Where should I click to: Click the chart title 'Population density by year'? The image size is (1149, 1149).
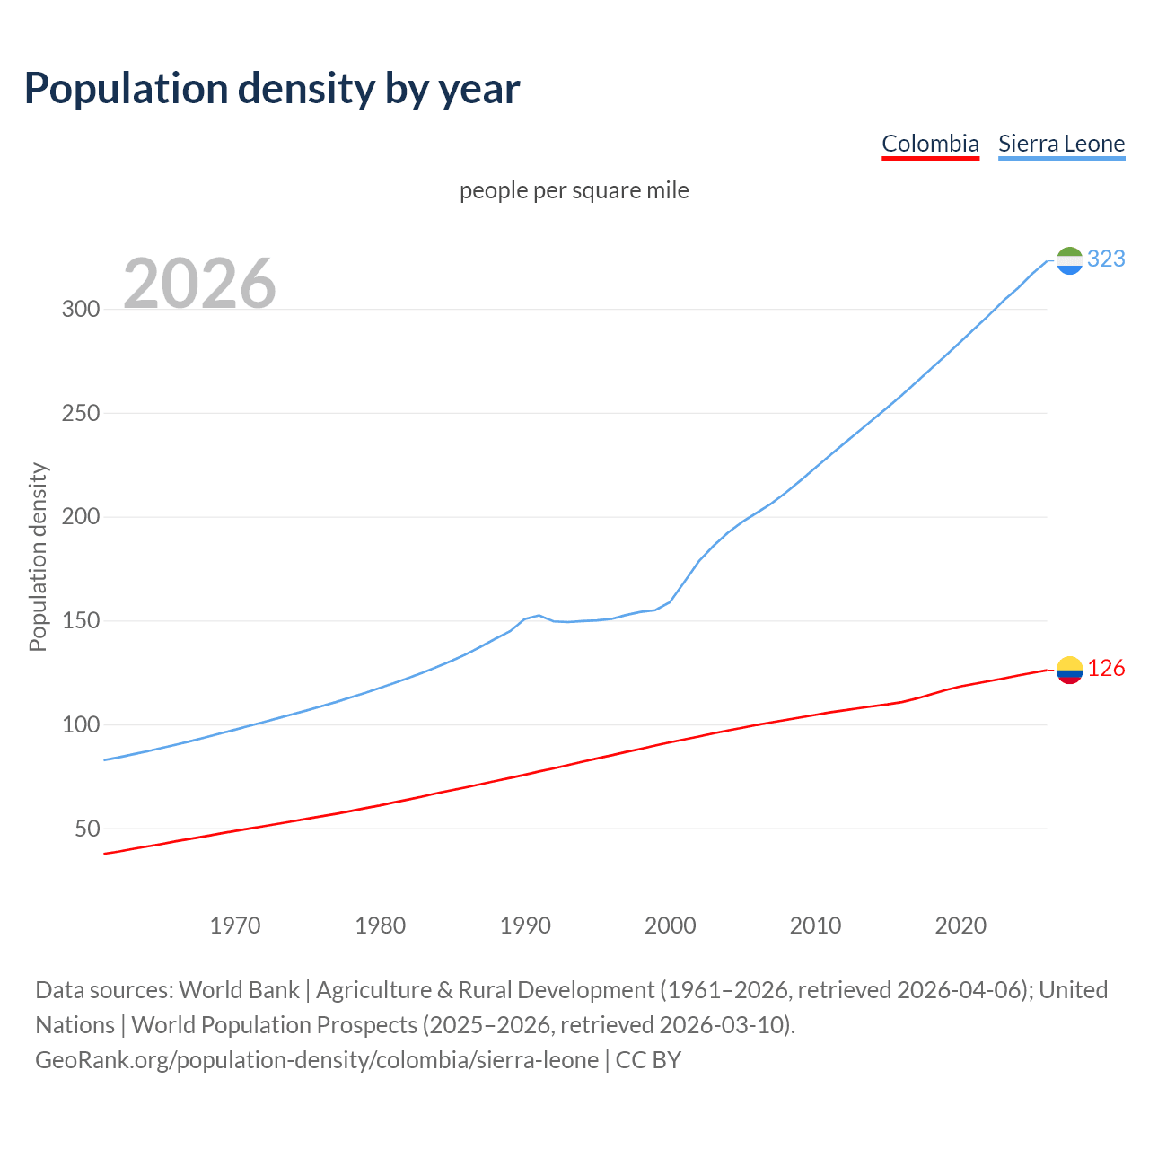pos(272,88)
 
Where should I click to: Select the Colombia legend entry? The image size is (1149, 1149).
pos(930,144)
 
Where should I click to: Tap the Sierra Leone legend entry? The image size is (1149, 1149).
pos(1061,144)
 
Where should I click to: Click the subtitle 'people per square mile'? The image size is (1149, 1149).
pos(574,190)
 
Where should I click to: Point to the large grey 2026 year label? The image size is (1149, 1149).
pos(199,284)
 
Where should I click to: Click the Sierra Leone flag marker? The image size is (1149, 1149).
pos(1069,260)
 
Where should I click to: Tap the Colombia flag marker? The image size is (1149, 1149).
pos(1069,670)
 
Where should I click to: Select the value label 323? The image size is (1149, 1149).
pos(1106,259)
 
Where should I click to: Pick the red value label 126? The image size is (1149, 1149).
pos(1106,669)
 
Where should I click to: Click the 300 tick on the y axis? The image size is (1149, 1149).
pos(80,310)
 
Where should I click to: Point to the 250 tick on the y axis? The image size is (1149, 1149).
pos(80,414)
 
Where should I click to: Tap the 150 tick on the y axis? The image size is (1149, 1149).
pos(80,621)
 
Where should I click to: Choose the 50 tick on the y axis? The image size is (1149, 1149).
pos(87,829)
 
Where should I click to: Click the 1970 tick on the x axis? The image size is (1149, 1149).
pos(235,925)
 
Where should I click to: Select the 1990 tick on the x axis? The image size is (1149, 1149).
pos(525,925)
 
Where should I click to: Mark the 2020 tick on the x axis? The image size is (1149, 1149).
pos(960,925)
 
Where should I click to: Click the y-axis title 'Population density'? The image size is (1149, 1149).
pos(38,557)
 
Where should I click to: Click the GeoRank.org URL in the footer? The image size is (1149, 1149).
pos(317,1060)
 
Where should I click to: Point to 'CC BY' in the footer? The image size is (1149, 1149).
pos(648,1060)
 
